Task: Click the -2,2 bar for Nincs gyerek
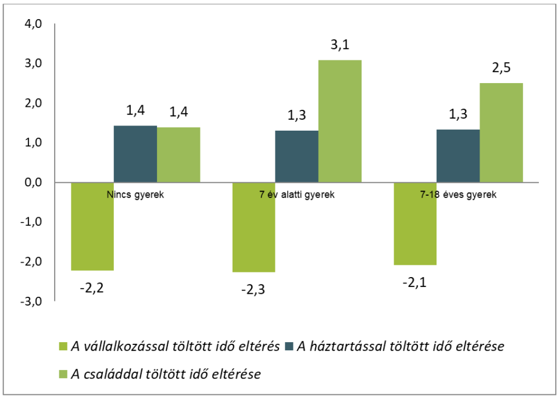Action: (x=92, y=227)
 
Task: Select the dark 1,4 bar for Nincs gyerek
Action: (x=135, y=154)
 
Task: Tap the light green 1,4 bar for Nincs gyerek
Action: (x=178, y=154)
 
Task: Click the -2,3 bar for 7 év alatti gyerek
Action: (x=253, y=227)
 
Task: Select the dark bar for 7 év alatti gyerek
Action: (x=296, y=156)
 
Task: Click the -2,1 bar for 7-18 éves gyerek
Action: (x=415, y=224)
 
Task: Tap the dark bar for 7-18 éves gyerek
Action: (x=458, y=156)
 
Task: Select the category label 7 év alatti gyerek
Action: (x=297, y=195)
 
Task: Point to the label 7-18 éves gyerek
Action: (x=459, y=195)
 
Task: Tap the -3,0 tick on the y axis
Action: (x=33, y=301)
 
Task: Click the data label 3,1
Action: (x=340, y=45)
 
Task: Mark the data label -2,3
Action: (x=253, y=289)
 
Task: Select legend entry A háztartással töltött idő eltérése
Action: (x=395, y=347)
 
